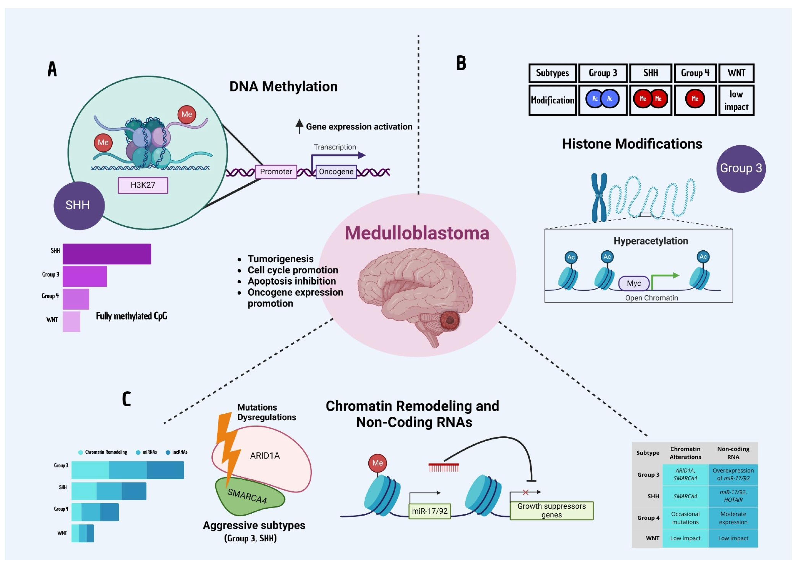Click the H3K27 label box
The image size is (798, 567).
143,185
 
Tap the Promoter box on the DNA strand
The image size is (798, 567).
276,172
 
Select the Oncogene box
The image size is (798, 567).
336,172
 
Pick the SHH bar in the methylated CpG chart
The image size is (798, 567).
107,254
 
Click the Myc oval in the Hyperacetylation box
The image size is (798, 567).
634,283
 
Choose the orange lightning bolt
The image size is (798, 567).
228,447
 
